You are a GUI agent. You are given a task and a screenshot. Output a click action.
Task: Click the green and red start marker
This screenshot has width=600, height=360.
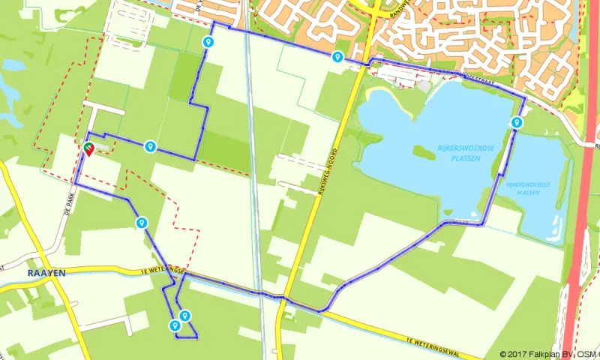click(x=88, y=148)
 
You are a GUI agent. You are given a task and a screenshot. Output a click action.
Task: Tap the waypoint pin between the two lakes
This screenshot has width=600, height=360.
click(x=516, y=122)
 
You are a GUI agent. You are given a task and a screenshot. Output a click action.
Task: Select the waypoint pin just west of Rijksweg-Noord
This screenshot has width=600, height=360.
click(x=337, y=57)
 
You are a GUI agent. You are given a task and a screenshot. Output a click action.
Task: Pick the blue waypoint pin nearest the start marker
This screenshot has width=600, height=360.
click(x=151, y=146)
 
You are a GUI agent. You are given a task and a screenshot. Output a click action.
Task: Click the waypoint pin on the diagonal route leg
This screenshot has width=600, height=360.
click(x=141, y=223)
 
